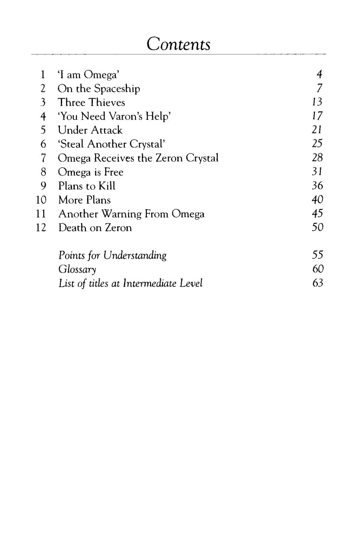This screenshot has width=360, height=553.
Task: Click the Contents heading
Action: click(178, 44)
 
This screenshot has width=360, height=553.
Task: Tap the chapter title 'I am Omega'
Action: click(88, 75)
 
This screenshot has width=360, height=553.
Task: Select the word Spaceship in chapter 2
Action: click(117, 89)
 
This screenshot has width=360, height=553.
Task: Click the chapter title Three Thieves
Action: click(91, 103)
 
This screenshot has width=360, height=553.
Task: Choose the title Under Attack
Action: click(90, 130)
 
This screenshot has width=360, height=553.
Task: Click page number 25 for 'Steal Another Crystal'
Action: click(317, 144)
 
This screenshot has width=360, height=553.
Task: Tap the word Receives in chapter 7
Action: click(114, 158)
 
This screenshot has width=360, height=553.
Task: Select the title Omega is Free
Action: click(91, 172)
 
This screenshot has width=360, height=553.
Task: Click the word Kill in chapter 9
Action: click(107, 186)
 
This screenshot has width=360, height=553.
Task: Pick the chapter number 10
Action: click(41, 200)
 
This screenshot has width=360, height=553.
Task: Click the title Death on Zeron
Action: click(95, 228)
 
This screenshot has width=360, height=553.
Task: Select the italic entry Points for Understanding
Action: click(113, 256)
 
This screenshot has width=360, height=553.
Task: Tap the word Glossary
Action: click(77, 269)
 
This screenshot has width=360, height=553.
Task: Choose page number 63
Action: click(318, 283)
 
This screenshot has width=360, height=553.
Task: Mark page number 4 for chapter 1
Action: click(319, 75)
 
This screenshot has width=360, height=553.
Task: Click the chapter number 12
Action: click(41, 228)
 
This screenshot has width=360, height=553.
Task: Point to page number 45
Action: click(317, 214)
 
